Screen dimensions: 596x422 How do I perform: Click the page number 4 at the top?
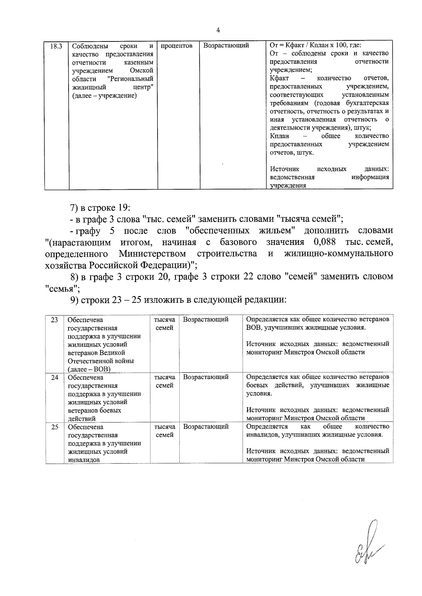tap(218, 31)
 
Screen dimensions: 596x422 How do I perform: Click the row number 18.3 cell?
tap(56, 46)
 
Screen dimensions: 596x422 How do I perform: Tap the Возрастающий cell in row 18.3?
tap(226, 46)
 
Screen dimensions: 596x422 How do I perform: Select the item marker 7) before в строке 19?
tap(75, 208)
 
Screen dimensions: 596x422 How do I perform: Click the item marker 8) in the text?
tap(75, 277)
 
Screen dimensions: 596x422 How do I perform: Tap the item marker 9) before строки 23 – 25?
tap(75, 300)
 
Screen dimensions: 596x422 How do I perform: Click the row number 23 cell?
tap(55, 320)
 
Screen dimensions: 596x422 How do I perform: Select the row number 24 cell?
tap(55, 377)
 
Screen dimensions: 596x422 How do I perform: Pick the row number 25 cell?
tap(55, 427)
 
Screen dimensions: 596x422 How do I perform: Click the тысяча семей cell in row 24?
tap(165, 381)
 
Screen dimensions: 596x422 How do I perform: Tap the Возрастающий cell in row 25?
tap(206, 427)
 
